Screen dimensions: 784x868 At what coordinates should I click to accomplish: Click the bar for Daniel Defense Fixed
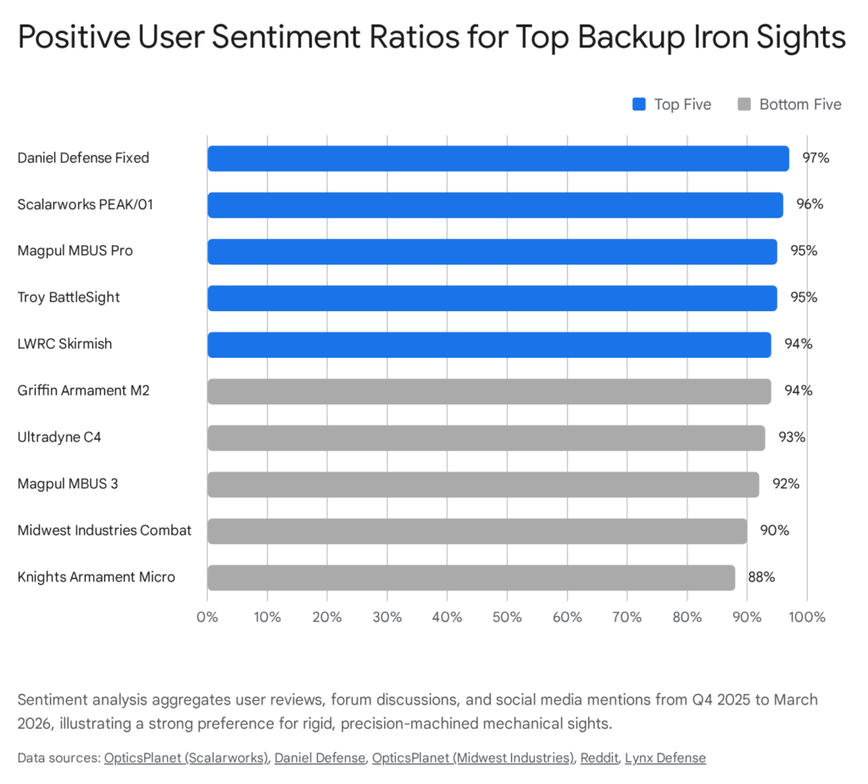click(x=498, y=158)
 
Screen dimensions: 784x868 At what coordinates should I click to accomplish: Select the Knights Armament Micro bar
click(x=471, y=577)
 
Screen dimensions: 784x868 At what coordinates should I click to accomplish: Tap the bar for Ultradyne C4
click(x=486, y=437)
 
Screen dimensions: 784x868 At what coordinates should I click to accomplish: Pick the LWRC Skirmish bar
click(x=489, y=344)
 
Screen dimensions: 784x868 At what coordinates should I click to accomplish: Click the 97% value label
click(x=815, y=158)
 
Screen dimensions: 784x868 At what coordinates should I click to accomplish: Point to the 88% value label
click(x=761, y=577)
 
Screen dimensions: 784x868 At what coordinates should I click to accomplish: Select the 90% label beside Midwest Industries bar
click(x=774, y=531)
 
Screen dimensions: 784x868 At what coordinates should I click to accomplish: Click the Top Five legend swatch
click(x=640, y=104)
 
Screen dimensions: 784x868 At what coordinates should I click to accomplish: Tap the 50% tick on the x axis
click(x=507, y=617)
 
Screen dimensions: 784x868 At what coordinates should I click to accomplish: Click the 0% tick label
click(x=208, y=617)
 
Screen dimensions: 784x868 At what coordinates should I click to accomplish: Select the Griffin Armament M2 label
click(x=83, y=391)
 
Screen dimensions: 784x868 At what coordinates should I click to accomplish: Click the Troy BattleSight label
click(x=69, y=297)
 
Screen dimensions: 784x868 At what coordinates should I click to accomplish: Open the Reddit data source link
click(x=598, y=758)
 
